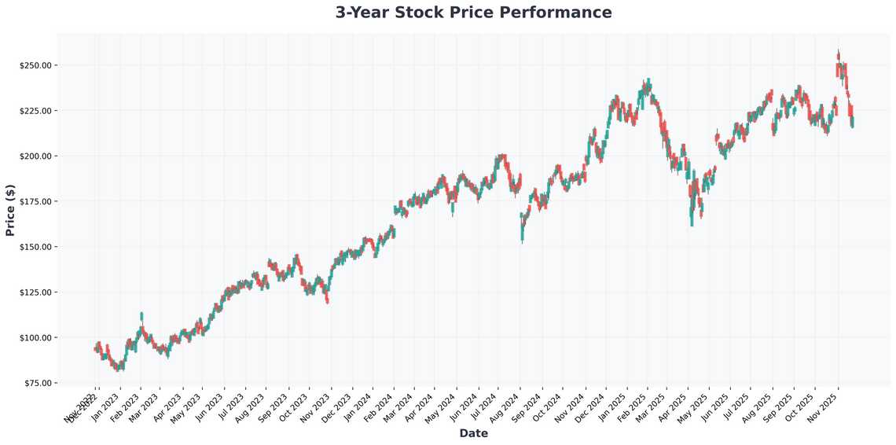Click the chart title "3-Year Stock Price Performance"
(x=473, y=13)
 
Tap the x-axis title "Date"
(x=473, y=433)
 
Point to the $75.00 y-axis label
(x=37, y=384)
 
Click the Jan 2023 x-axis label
(x=106, y=407)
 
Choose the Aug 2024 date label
(x=507, y=407)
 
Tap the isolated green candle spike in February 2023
(x=141, y=316)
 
